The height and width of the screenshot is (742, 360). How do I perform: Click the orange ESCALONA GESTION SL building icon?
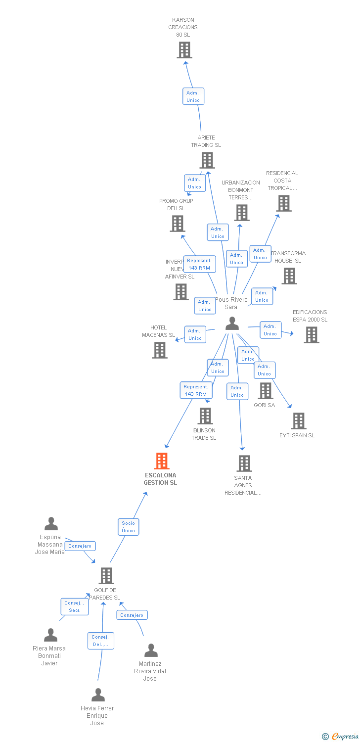[162, 461]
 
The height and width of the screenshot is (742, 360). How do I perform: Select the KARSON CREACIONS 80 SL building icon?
[184, 50]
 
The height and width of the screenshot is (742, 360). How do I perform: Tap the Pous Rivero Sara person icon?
[232, 324]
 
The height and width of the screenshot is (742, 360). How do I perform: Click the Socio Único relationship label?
[128, 527]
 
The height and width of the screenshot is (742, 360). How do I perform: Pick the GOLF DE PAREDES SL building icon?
[106, 576]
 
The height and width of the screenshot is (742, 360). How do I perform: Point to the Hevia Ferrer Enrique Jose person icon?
[98, 695]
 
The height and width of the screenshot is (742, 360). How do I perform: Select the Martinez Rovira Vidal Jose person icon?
[151, 650]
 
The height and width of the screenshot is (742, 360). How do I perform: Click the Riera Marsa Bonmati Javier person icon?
[50, 635]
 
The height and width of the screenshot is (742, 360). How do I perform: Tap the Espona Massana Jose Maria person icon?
[51, 524]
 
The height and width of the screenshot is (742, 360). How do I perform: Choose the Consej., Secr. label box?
[75, 606]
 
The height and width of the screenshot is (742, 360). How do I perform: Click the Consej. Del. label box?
[101, 641]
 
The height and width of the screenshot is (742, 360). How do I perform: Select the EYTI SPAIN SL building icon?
[299, 421]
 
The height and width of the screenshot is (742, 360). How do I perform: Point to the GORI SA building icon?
[266, 391]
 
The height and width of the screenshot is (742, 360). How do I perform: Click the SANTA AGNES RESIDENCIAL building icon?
[244, 464]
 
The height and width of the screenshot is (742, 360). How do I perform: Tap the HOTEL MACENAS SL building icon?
[160, 350]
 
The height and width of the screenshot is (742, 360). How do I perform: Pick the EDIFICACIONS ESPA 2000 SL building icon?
[311, 335]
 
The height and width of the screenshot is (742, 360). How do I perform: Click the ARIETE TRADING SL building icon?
[207, 160]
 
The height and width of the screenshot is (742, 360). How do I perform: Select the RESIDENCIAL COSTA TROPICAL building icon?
[283, 203]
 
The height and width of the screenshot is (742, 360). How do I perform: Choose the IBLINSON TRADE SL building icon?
[205, 416]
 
